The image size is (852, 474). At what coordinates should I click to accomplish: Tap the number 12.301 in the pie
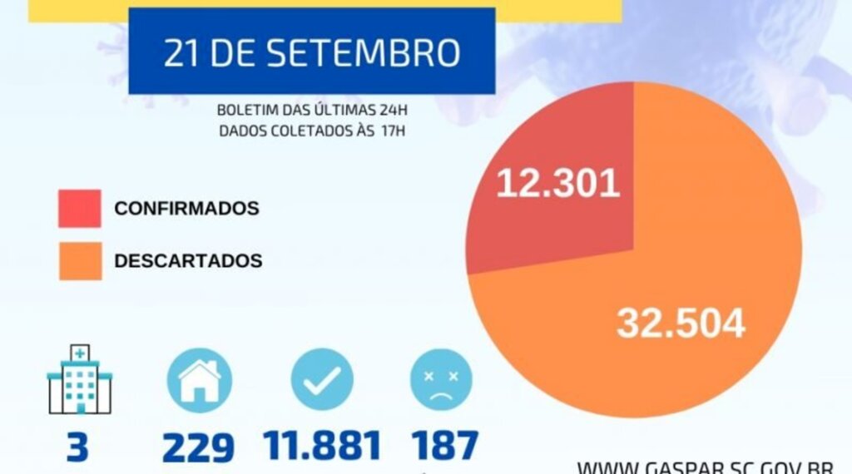click(558, 183)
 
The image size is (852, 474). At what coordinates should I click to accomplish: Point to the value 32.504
click(681, 323)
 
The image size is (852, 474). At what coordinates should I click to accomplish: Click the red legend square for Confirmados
click(80, 208)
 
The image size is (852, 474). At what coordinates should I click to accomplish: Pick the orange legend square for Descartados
click(80, 261)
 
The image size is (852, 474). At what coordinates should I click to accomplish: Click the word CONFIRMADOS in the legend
click(186, 209)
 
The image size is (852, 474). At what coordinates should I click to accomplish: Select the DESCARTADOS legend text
click(188, 261)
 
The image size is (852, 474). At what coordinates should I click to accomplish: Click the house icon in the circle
click(198, 379)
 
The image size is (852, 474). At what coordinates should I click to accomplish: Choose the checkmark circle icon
click(322, 379)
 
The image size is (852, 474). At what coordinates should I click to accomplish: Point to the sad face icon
click(441, 379)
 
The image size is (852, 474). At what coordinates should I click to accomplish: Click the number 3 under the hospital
click(77, 447)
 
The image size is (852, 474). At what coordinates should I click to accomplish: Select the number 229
click(198, 447)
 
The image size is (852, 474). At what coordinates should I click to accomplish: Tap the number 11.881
click(323, 446)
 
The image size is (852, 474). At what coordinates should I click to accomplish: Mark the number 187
click(445, 446)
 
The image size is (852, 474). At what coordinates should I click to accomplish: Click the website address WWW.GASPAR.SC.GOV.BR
click(713, 467)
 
